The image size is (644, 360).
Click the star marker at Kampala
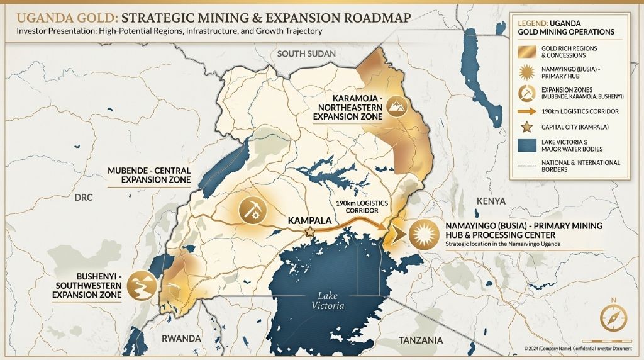point(309,233)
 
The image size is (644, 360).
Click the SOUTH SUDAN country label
point(307,53)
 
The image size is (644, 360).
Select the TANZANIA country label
point(421,340)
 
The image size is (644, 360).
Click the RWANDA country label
point(181,339)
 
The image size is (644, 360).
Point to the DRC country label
point(83,198)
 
